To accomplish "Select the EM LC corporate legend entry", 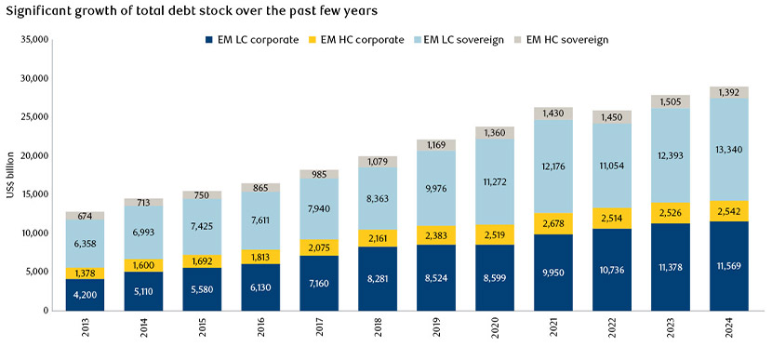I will point(253,40).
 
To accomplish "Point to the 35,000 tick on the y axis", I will point(33,40).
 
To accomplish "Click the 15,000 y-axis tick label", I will point(33,194).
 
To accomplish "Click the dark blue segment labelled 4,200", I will point(86,294).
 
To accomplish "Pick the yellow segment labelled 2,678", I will point(554,223).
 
